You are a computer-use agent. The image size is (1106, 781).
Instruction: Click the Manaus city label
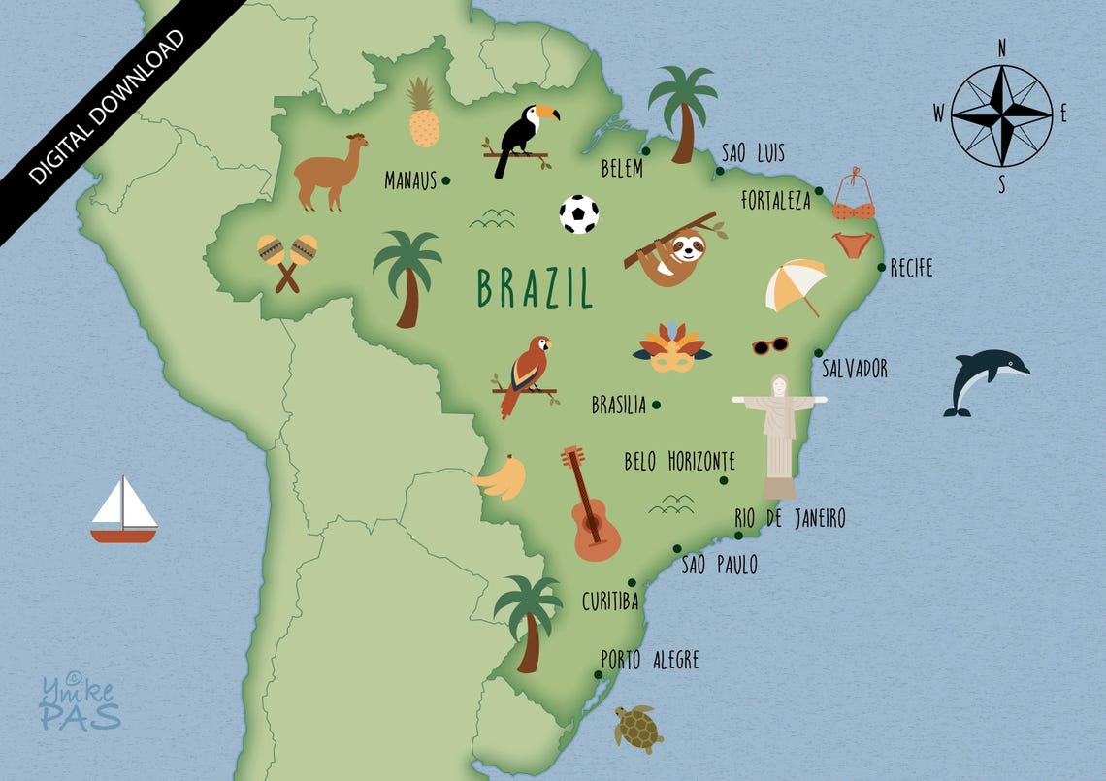(x=410, y=180)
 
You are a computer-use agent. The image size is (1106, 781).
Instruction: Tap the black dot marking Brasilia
(x=656, y=405)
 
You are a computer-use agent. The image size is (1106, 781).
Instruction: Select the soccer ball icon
(x=578, y=214)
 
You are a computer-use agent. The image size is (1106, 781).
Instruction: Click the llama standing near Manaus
(x=330, y=173)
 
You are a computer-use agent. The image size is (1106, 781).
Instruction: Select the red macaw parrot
(x=527, y=374)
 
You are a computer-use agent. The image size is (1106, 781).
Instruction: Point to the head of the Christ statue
(x=779, y=385)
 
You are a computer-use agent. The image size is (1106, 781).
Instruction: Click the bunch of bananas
(x=503, y=477)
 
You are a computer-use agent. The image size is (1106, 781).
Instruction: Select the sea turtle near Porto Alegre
(x=638, y=728)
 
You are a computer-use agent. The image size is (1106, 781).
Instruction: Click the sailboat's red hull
(x=123, y=535)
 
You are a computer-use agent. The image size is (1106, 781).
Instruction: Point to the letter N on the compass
(x=1001, y=48)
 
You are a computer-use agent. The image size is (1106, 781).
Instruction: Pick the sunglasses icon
(x=769, y=345)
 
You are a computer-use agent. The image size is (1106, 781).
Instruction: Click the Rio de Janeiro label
(x=790, y=519)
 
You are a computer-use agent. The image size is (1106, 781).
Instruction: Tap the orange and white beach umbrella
(x=795, y=284)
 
